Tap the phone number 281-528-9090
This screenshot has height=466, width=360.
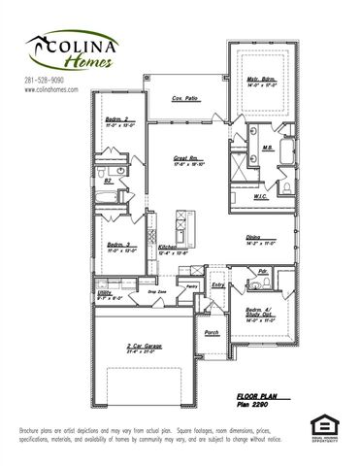tap(45, 80)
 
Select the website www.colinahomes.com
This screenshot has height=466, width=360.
tap(50, 89)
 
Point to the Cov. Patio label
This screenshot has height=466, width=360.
tap(185, 98)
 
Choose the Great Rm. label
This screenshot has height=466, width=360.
tap(186, 157)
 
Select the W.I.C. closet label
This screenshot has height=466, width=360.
tap(260, 196)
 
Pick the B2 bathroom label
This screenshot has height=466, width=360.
tap(108, 181)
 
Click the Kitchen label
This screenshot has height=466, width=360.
tap(167, 248)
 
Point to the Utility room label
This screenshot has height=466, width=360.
tap(106, 292)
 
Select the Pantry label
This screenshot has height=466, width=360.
tap(192, 286)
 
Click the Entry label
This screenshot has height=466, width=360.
tap(218, 284)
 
